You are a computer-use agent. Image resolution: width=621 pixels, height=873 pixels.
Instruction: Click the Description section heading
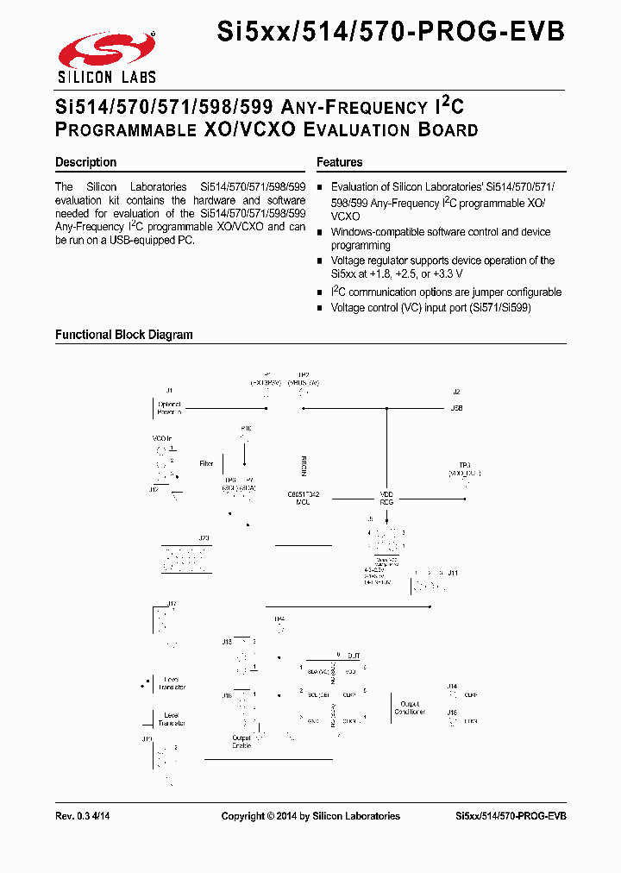(85, 162)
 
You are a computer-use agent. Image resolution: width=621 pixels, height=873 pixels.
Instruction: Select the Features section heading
(339, 162)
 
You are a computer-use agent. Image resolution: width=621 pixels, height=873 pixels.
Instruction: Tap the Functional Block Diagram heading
(124, 335)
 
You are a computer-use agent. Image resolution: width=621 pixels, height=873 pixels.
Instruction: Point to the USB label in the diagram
(457, 408)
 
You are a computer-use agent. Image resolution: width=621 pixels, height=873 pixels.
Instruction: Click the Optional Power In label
(169, 408)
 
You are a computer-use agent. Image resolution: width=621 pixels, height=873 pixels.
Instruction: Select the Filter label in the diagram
(206, 464)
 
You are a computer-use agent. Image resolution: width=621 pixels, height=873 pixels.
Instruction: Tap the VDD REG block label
(387, 498)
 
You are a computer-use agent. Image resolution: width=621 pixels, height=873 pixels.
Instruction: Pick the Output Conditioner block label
(410, 708)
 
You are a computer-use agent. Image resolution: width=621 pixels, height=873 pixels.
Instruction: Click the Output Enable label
(241, 742)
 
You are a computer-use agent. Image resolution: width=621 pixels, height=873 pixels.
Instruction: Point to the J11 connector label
(453, 573)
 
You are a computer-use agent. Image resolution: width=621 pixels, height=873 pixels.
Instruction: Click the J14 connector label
(452, 687)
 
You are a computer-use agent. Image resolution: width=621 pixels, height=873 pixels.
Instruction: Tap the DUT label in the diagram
(354, 656)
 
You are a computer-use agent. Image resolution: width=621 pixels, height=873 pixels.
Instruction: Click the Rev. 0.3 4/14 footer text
(83, 816)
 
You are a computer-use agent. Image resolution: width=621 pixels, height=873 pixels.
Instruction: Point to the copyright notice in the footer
(310, 816)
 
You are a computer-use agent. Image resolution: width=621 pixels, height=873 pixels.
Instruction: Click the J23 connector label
(204, 538)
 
